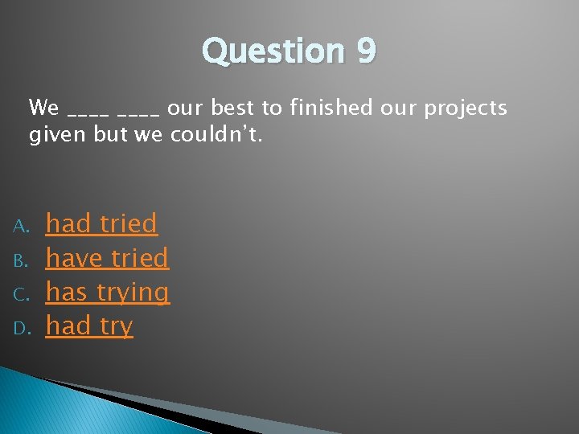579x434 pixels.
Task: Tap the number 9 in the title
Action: click(365, 51)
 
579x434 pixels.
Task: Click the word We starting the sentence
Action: click(43, 107)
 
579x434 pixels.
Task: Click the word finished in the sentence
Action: click(332, 107)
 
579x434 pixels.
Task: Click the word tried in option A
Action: click(129, 223)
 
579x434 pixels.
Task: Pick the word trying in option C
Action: click(133, 293)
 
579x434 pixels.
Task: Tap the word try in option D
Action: click(117, 327)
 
